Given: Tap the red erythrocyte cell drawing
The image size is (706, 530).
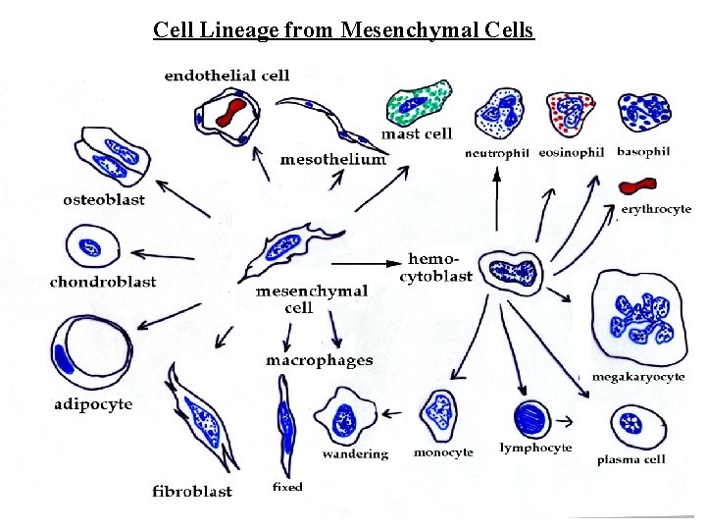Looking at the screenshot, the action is (638, 185).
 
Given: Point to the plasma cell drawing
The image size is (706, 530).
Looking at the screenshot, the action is (638, 427).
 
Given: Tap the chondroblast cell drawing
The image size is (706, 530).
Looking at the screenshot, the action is (93, 246).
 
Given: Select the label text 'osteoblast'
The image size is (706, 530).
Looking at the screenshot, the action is (103, 199).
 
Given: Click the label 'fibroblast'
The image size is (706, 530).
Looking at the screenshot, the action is (192, 491).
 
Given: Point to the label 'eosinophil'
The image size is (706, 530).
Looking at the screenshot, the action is (571, 152).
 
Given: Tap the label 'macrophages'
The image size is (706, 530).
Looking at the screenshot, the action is (319, 360).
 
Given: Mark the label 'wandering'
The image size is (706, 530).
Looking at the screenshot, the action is (354, 453).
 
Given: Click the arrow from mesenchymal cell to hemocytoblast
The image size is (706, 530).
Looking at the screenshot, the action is (363, 262).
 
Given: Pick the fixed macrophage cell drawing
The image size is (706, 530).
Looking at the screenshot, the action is (285, 426).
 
